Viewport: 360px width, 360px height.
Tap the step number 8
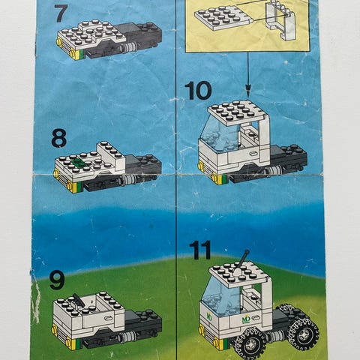coord(59,138)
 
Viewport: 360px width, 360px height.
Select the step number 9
coord(58,280)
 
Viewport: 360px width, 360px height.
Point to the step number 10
coord(198,91)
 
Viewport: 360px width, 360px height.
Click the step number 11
coord(200,250)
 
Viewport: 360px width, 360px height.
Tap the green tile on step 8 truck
coord(78,162)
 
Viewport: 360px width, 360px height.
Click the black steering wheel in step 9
coord(79,299)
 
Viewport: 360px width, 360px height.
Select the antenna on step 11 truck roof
coord(241,261)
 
